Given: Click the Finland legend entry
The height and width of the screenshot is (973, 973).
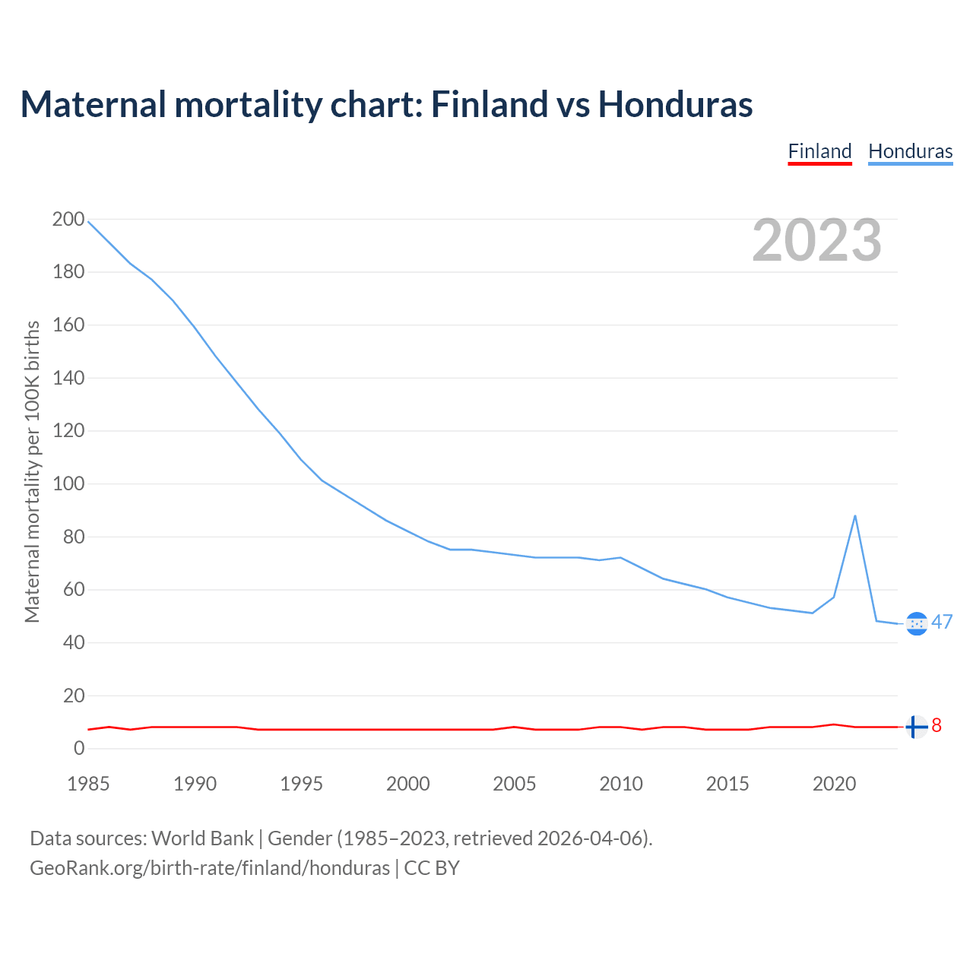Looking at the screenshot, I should coord(819,151).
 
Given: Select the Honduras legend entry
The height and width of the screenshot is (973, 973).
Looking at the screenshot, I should coord(910,151).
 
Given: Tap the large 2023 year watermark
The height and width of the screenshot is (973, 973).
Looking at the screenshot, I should coord(816,240).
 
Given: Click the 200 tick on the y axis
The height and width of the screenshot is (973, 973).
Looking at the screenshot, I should coord(68,220).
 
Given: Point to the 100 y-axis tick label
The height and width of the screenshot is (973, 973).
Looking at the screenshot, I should coord(68,484).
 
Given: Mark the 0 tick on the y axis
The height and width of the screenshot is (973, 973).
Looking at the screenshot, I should coord(79,749).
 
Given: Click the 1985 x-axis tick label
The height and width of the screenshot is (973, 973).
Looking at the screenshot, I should coord(88,784).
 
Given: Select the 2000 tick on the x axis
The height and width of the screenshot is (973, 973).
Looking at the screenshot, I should coord(408,784).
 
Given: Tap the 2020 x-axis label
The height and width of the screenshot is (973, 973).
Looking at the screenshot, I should coord(834,784).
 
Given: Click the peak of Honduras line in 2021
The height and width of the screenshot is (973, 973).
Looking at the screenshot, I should coord(855,516).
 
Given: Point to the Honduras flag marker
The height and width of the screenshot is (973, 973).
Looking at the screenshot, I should coord(917,623).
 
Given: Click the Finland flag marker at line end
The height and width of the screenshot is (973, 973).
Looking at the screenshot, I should coord(917,727).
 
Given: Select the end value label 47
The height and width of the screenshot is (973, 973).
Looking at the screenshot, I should coord(942,623).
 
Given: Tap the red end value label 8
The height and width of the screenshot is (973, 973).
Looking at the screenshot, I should coord(937,726).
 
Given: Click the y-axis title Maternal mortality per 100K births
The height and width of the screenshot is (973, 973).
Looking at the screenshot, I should coord(32,471).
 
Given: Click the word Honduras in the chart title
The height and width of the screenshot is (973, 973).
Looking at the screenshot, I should coord(675,104).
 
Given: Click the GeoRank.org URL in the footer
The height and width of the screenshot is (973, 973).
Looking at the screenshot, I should coord(210,868).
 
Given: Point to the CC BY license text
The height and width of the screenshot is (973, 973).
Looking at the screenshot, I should coord(432,868).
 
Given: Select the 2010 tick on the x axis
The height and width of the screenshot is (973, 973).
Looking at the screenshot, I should coord(621,784).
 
